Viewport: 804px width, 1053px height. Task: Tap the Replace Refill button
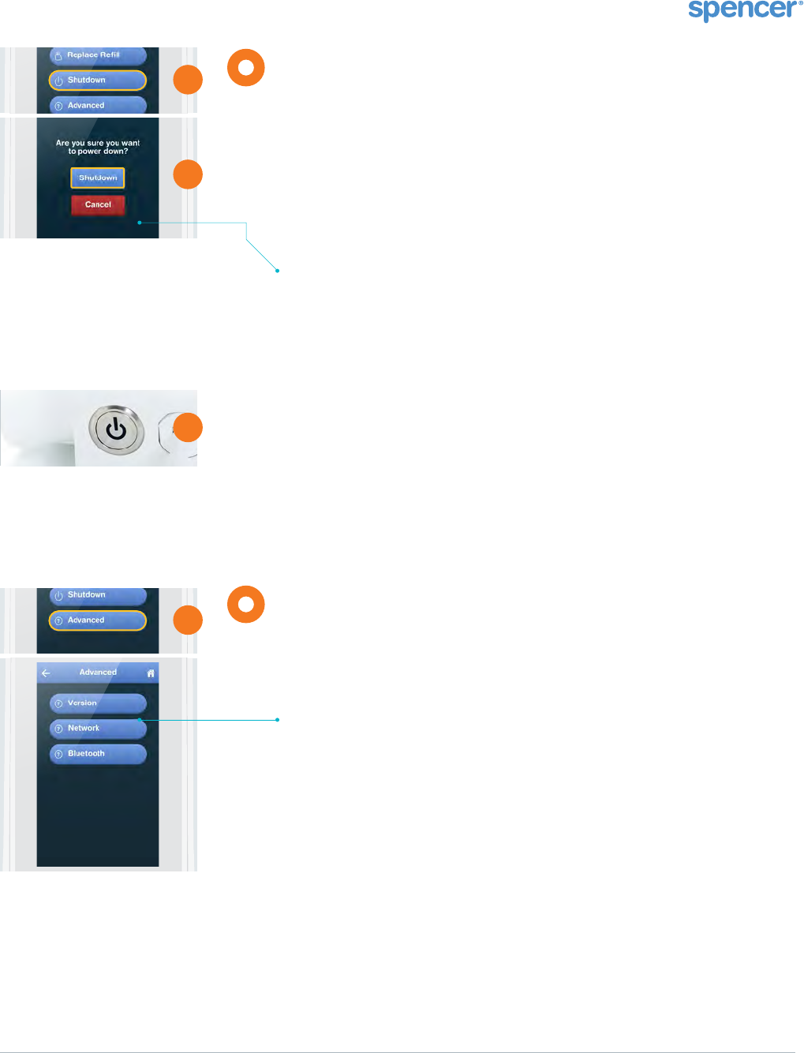[x=98, y=55]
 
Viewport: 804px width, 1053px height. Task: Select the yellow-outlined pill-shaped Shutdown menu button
[x=98, y=80]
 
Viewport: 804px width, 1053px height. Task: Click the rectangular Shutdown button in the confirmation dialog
[x=98, y=178]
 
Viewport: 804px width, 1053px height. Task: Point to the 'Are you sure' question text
[x=98, y=147]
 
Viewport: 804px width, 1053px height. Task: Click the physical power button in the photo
[x=116, y=429]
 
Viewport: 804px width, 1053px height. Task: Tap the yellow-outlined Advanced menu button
[x=98, y=620]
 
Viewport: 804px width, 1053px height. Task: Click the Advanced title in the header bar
[x=98, y=673]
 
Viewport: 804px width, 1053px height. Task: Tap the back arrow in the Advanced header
[x=46, y=673]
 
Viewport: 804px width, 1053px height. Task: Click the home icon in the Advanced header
[x=151, y=673]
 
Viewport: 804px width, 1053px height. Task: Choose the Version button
[x=98, y=703]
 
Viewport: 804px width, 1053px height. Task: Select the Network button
[x=98, y=728]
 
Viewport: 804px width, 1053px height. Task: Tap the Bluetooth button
[x=98, y=754]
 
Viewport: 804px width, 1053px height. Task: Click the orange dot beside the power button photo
[x=188, y=428]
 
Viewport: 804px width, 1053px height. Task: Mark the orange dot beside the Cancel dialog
[x=188, y=174]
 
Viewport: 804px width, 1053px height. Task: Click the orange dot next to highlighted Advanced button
[x=188, y=620]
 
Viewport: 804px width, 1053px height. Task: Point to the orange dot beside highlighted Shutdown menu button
[x=188, y=80]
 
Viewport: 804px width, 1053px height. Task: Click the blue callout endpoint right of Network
[x=278, y=720]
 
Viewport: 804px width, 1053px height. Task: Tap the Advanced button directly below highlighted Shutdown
[x=98, y=105]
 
